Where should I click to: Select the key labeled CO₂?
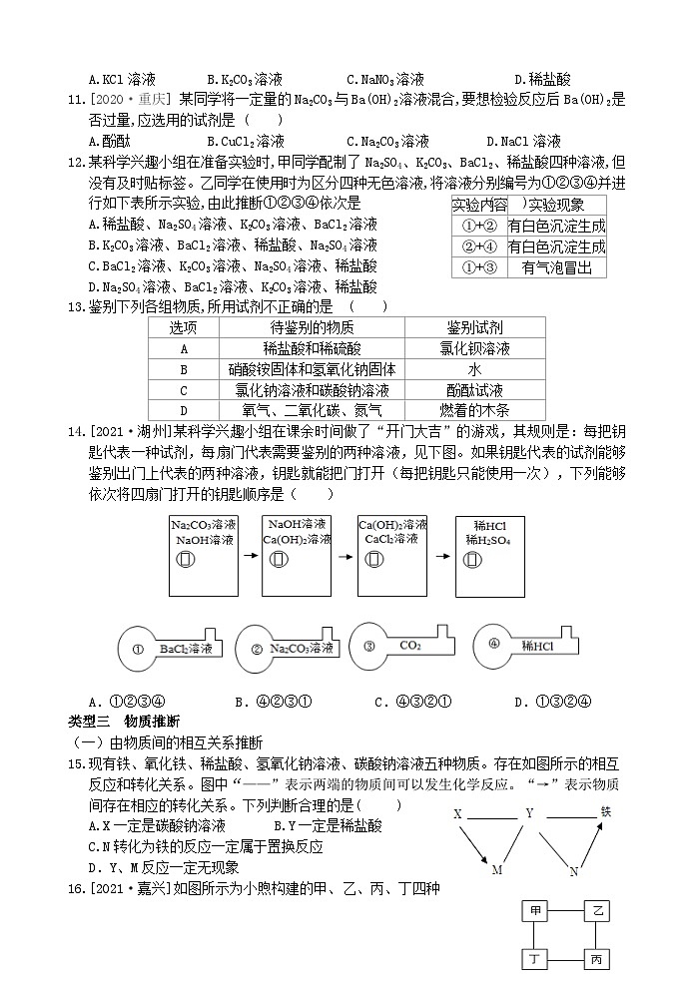399,647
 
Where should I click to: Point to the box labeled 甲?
537,911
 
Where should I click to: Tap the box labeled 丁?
537,959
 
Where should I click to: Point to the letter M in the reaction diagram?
497,870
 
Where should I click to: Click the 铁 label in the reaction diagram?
605,811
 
